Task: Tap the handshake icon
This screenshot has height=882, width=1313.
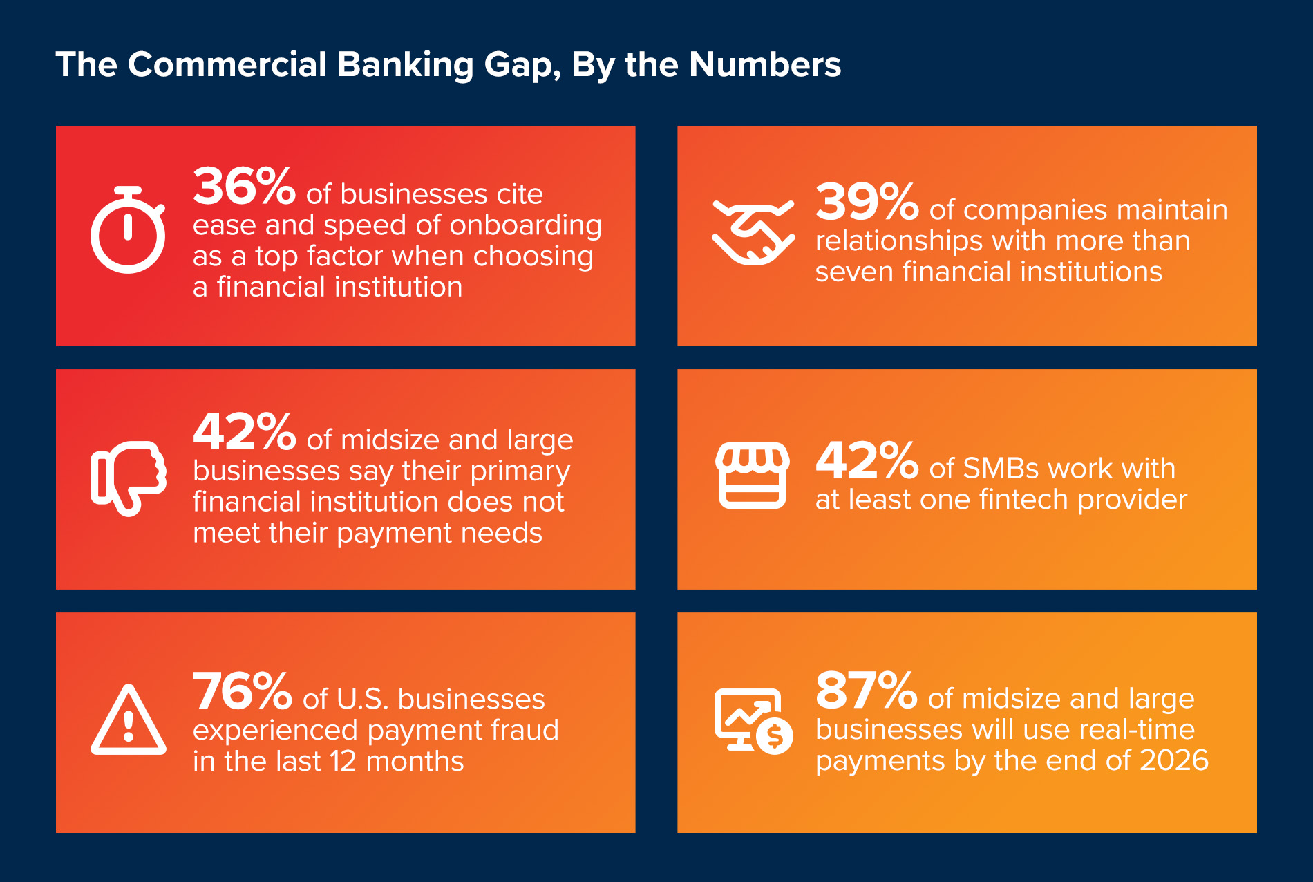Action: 753,232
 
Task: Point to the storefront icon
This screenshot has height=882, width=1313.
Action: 753,476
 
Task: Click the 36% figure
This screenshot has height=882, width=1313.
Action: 245,187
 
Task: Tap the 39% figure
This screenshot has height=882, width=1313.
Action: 867,202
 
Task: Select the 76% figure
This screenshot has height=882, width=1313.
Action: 243,692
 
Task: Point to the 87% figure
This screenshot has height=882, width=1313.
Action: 867,691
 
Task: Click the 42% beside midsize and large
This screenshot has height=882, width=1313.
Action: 245,432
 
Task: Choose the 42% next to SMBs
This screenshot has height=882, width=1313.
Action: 867,461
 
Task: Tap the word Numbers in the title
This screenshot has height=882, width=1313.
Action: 765,64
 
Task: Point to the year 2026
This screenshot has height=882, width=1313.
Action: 1174,760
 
